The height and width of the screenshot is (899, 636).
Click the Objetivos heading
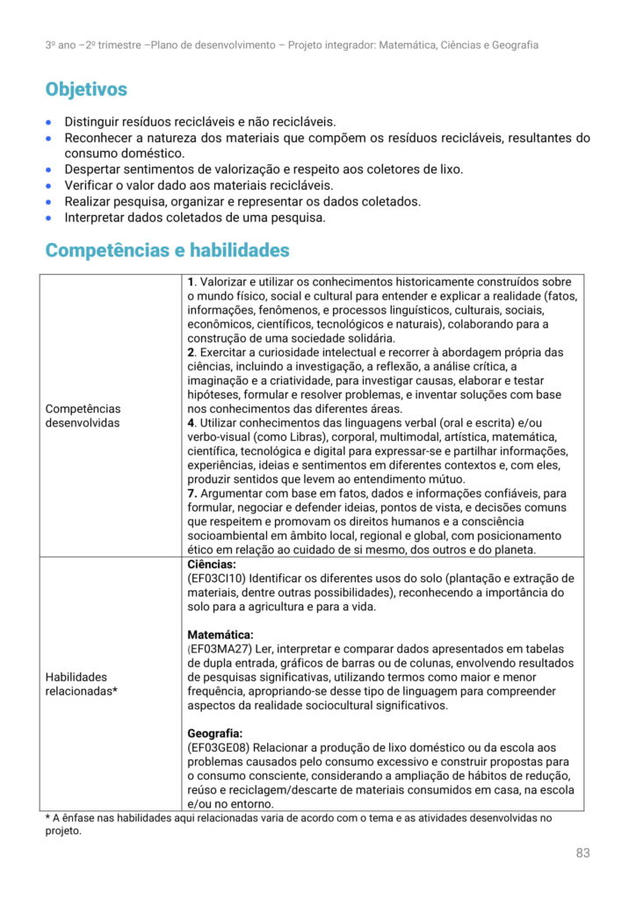(x=86, y=90)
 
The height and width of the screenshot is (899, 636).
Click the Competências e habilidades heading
(x=167, y=250)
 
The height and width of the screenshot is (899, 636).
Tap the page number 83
(x=583, y=852)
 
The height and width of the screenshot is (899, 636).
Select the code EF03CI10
(x=216, y=579)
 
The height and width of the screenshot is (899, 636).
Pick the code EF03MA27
(x=220, y=649)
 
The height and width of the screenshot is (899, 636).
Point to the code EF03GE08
(x=219, y=747)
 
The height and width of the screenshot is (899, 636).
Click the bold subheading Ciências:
(x=211, y=565)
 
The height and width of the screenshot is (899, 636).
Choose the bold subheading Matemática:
(x=220, y=635)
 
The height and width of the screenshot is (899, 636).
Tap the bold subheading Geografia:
(x=215, y=733)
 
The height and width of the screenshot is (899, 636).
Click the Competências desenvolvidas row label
(x=83, y=416)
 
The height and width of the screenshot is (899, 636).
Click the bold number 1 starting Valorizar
(x=191, y=282)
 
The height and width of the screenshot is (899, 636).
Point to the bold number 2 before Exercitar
(x=191, y=352)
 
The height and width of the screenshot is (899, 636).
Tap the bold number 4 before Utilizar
(x=191, y=422)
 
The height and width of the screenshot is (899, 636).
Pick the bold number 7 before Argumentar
(x=191, y=493)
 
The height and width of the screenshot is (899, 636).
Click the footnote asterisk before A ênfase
(x=47, y=818)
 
